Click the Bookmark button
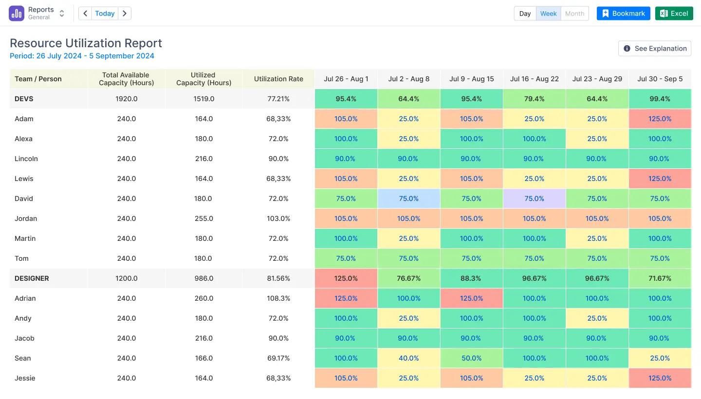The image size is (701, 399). tap(623, 14)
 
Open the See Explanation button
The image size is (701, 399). tap(655, 49)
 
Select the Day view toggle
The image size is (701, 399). tap(525, 14)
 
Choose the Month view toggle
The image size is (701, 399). tap(574, 14)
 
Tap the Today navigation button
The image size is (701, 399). tap(105, 14)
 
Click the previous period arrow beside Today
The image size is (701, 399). tap(85, 14)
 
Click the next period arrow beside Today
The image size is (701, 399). tap(125, 14)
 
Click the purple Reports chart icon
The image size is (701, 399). tap(17, 14)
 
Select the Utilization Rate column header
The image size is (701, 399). tap(278, 79)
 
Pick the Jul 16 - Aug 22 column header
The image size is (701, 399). tap(534, 79)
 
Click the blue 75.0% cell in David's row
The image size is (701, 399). tap(408, 199)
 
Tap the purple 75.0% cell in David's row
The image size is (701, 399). tap(534, 199)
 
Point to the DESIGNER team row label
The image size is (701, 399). tap(32, 278)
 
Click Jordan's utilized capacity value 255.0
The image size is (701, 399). tap(203, 218)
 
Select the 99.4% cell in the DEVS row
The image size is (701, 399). tap(660, 99)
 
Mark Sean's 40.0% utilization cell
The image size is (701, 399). tap(408, 358)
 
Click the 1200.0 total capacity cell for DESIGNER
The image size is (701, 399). tap(127, 278)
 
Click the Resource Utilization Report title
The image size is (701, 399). tap(86, 43)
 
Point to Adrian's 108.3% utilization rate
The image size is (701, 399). tap(278, 298)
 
